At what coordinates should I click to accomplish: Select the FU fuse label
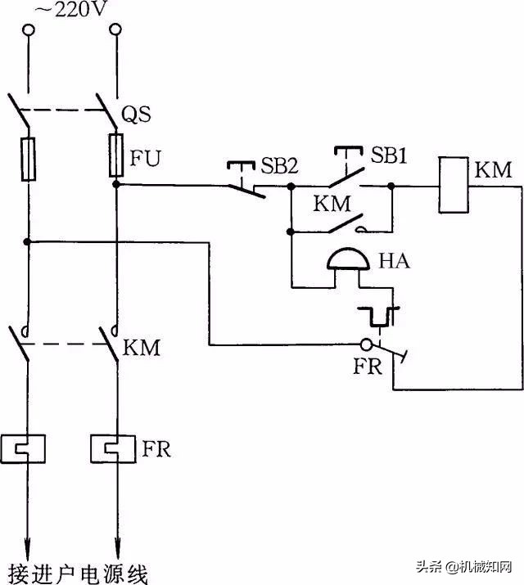[142, 156]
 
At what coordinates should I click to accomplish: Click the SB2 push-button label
[280, 166]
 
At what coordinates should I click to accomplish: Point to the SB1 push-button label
[389, 155]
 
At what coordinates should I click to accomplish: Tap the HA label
[395, 262]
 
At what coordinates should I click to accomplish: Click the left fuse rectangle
[29, 159]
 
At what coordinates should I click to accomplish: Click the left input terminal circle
[29, 30]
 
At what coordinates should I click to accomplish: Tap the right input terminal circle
[115, 30]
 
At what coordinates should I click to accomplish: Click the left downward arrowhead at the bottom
[29, 544]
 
